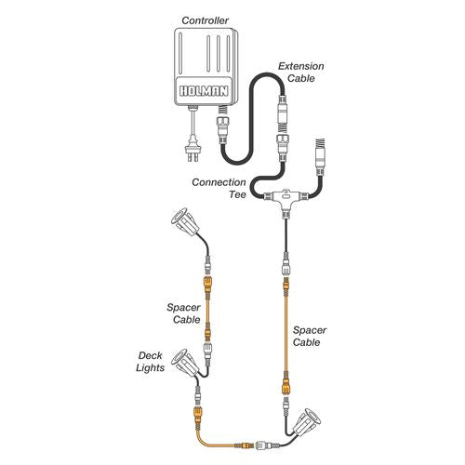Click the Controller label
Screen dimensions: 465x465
(x=205, y=20)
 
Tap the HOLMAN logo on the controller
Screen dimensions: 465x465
(x=204, y=91)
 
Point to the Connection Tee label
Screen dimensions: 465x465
(x=219, y=188)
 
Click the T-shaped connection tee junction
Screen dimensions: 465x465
(x=286, y=201)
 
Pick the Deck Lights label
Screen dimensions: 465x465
(x=151, y=362)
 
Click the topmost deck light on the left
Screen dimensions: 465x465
(x=185, y=222)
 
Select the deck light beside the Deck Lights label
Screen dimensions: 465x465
(x=185, y=364)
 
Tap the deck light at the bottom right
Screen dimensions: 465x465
(x=307, y=423)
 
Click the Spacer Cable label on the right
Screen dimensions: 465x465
(x=310, y=336)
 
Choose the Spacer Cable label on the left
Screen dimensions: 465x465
(x=183, y=313)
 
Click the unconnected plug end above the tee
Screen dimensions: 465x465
(x=320, y=156)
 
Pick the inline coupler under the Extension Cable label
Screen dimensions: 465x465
(x=283, y=113)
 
